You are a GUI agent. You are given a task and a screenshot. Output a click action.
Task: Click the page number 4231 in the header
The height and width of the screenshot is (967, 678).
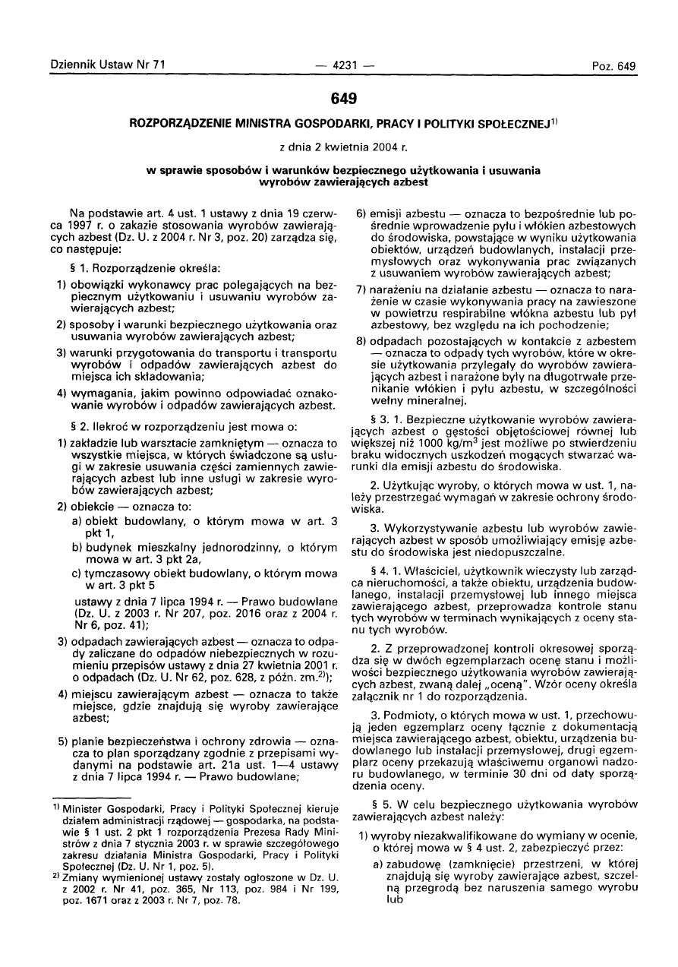point(339,65)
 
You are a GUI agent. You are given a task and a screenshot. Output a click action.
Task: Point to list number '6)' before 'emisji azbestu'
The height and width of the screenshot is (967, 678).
point(362,210)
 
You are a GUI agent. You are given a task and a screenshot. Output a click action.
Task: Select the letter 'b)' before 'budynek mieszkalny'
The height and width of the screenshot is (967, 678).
point(77,547)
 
